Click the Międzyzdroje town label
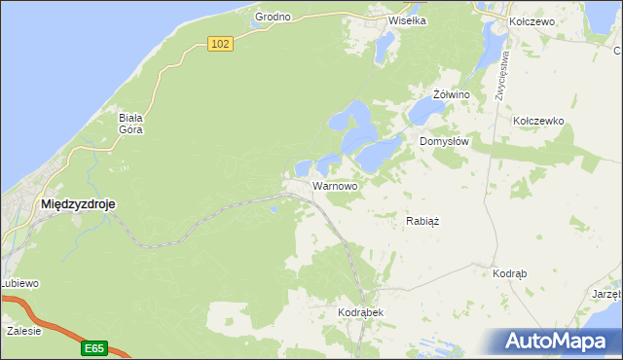coord(77,204)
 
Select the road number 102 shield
coord(221,44)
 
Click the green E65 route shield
coord(93,347)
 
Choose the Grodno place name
coord(274,18)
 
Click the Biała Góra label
coord(132,124)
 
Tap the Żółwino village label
coord(452,94)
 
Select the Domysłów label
coord(445,141)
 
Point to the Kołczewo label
coord(531,21)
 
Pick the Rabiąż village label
coord(422,221)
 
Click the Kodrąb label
coord(510,274)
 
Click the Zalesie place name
coord(23,331)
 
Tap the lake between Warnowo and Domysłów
coord(378,153)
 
